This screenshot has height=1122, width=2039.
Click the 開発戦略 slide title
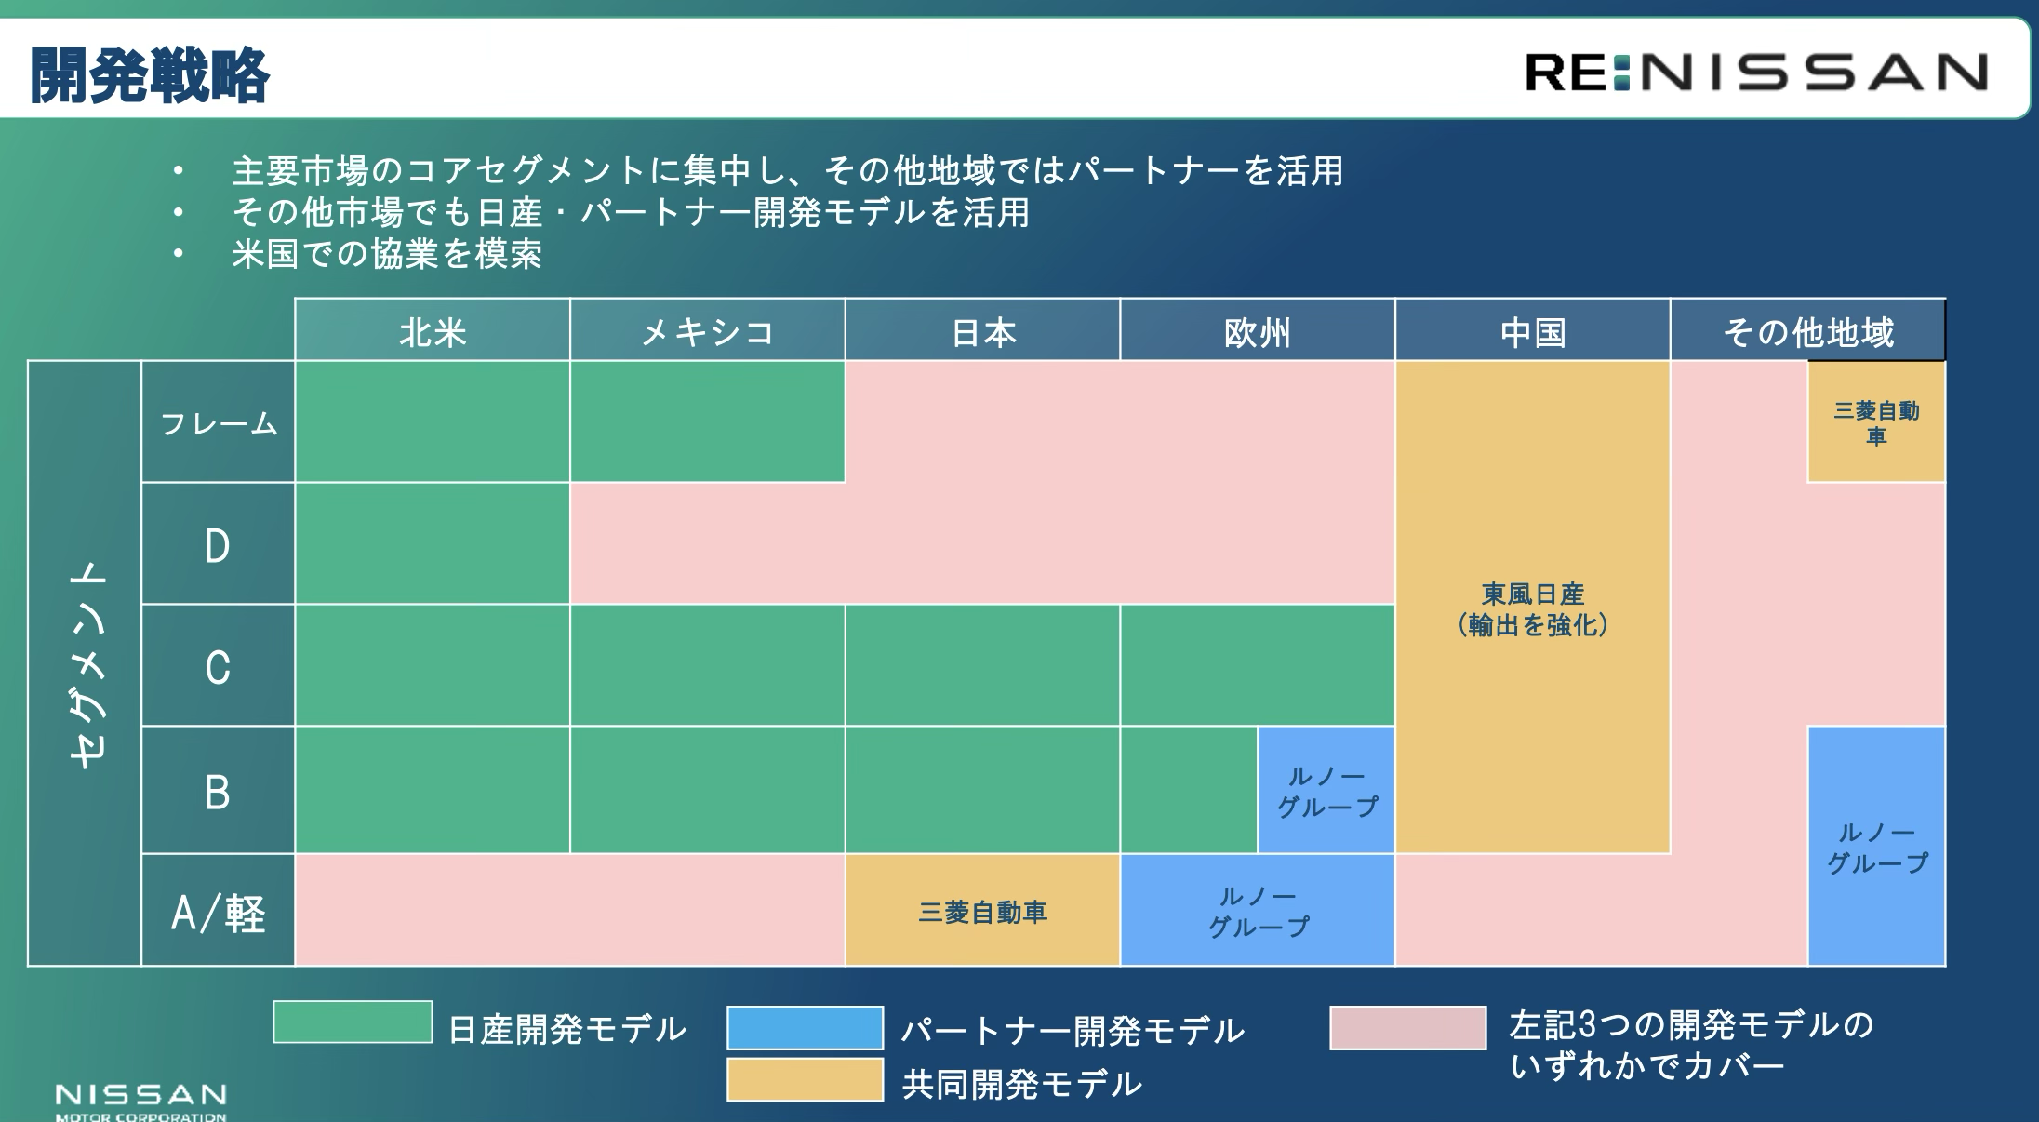[x=150, y=75]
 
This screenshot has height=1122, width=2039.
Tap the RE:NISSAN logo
[x=1756, y=72]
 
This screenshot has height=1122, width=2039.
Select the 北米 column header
[x=433, y=331]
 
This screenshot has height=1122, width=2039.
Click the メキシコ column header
[x=708, y=331]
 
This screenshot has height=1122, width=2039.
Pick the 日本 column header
[x=983, y=331]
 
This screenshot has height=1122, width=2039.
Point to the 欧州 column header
[x=1258, y=331]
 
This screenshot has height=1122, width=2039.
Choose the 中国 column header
[x=1533, y=331]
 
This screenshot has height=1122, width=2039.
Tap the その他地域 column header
[x=1808, y=331]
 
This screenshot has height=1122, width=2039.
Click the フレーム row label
[x=219, y=422]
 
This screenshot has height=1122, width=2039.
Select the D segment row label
[x=219, y=544]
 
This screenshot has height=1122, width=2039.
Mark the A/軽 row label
[x=219, y=911]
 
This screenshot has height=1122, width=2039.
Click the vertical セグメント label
[x=87, y=663]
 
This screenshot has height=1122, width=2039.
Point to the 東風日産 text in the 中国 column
[x=1533, y=594]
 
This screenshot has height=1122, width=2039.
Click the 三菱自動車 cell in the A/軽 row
[x=983, y=911]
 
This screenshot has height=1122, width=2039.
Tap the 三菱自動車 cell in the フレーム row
[x=1876, y=422]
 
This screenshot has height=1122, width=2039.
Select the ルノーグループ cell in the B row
[x=1326, y=790]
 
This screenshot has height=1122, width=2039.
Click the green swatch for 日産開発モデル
[x=353, y=1022]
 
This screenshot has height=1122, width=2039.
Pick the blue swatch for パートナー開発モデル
[x=806, y=1027]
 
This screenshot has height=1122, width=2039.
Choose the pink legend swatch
[x=1408, y=1027]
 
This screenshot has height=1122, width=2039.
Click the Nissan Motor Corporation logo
[x=141, y=1102]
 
